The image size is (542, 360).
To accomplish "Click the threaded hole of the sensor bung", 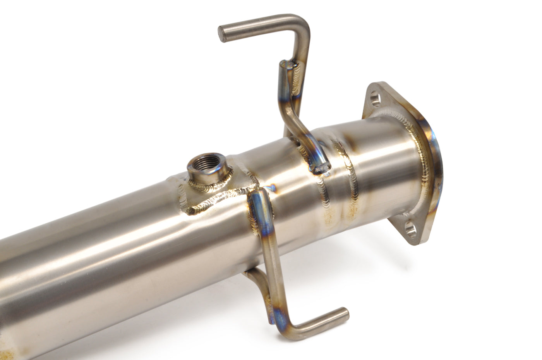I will (x=199, y=160).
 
